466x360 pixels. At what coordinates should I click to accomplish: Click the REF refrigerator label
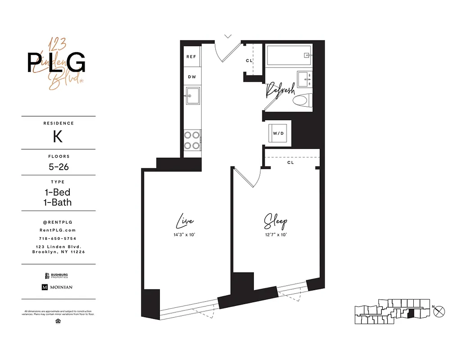point(191,57)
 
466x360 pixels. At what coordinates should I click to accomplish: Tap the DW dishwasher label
point(192,77)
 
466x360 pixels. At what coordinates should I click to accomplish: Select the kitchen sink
point(193,95)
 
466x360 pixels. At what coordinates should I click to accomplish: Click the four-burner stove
point(192,139)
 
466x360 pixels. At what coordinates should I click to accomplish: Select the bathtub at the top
point(288,55)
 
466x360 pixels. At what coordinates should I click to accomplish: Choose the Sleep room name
point(275,222)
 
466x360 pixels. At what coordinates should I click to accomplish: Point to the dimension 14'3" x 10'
point(185,234)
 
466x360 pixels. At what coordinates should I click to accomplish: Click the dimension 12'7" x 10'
point(275,234)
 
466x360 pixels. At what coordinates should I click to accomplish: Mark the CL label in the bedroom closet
point(290,162)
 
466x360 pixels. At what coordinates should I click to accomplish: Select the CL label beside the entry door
point(249,61)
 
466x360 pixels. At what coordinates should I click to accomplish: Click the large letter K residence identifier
point(58,136)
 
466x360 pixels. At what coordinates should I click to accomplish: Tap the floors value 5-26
point(59,167)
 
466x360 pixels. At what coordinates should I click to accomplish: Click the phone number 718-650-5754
point(58,238)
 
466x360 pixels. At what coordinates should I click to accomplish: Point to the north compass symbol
point(441,310)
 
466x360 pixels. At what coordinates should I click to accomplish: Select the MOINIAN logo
point(57,287)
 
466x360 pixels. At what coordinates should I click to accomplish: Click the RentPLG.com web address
point(58,230)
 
